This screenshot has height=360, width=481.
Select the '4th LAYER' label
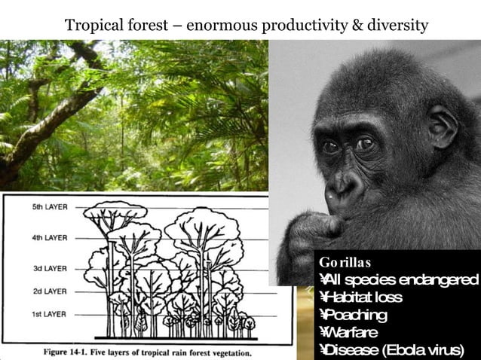pyautogui.click(x=48, y=238)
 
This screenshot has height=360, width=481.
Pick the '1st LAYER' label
pyautogui.click(x=48, y=313)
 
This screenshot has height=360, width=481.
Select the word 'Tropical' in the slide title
pyautogui.click(x=91, y=26)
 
